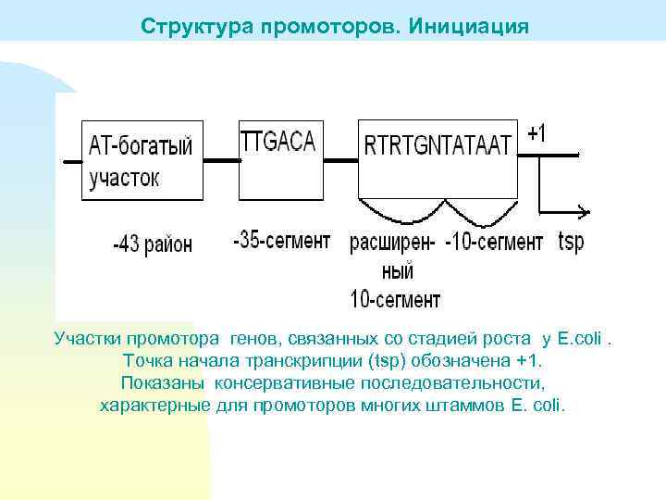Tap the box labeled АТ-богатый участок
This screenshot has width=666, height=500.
142,160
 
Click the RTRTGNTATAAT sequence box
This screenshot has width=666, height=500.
437,158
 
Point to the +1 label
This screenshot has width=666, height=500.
536,134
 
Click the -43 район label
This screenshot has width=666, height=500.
153,244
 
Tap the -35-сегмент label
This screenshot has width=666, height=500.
281,242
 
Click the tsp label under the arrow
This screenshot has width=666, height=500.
571,243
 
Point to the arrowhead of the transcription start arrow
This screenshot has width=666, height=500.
583,210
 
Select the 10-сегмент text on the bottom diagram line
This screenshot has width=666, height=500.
395,299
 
